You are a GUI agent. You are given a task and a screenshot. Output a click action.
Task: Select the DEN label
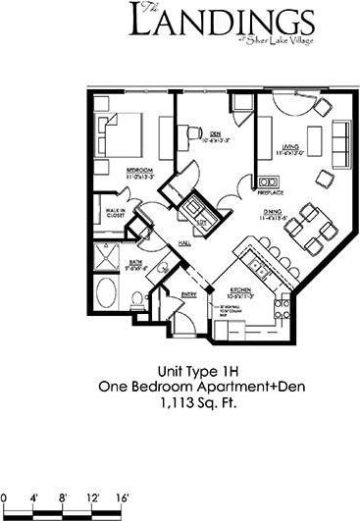click(214, 133)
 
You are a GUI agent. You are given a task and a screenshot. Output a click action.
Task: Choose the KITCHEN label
click(241, 291)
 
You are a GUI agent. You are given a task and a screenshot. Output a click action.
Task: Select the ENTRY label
click(189, 292)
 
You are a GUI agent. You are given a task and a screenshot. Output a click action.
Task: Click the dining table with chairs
click(307, 231)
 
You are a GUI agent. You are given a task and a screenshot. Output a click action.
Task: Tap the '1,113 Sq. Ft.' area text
click(180, 402)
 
